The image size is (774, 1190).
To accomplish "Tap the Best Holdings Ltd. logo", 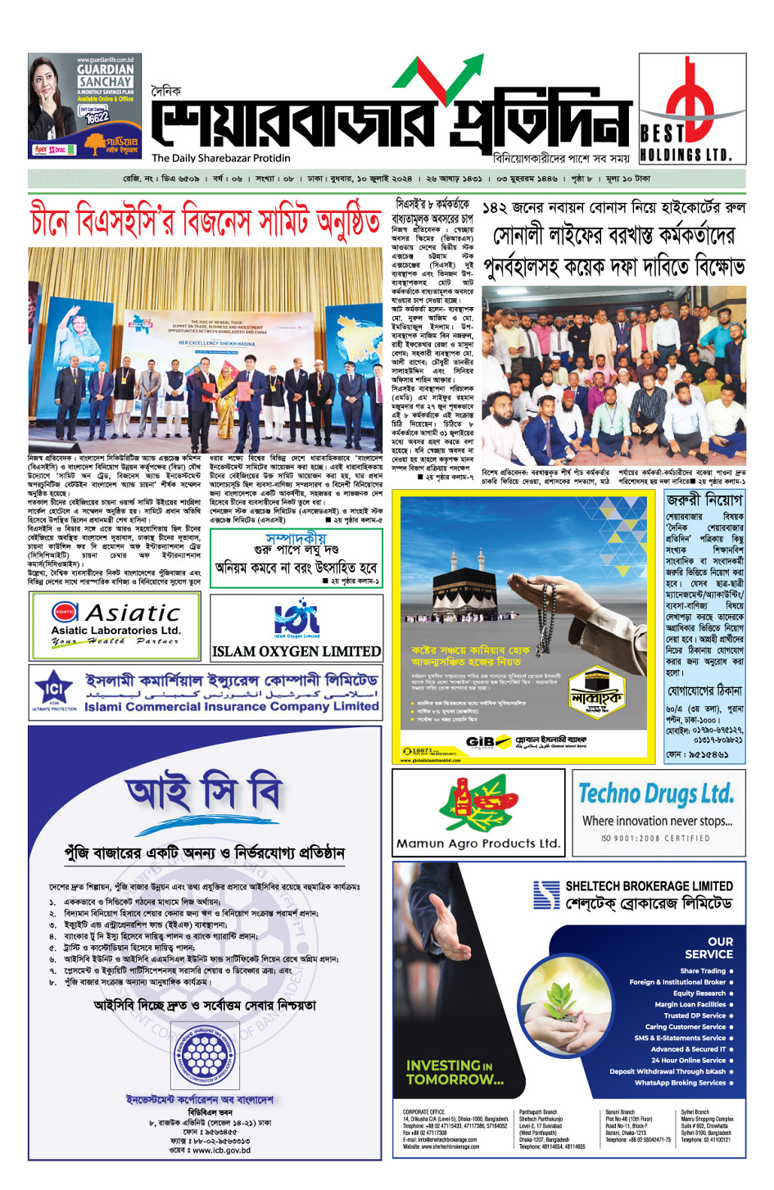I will [692, 108].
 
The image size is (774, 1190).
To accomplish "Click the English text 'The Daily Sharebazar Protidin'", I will [220, 158].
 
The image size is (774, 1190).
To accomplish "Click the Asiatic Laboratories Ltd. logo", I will [115, 625].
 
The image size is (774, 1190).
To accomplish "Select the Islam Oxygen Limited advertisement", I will [296, 627].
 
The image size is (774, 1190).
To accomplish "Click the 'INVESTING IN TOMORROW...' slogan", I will [455, 1072].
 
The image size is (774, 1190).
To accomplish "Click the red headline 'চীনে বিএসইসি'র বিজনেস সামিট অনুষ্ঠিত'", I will [205, 222].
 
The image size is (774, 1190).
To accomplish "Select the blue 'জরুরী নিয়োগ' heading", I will [704, 500].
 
